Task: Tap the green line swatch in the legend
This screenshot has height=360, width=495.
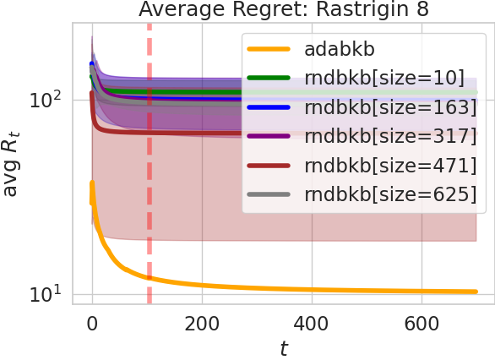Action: click(268, 79)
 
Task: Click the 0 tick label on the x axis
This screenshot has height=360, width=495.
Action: click(92, 323)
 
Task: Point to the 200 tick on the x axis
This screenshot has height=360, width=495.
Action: click(201, 323)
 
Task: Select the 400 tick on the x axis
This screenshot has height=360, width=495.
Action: click(311, 323)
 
